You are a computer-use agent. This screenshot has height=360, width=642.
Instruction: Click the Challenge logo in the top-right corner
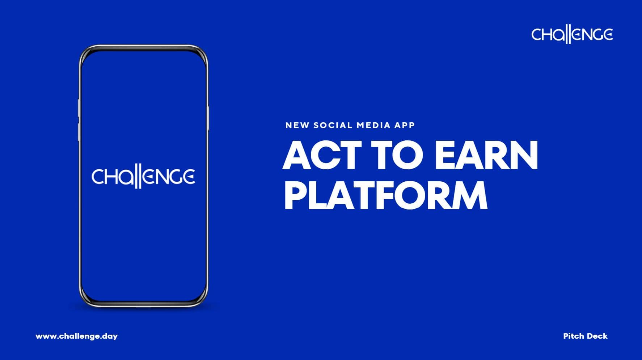(572, 35)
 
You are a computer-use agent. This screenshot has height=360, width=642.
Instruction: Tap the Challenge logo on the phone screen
(143, 177)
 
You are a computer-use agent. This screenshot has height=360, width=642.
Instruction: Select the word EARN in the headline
(486, 155)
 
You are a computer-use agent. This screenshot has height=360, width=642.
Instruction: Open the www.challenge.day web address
(76, 336)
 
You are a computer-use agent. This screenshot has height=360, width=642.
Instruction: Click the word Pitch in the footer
(574, 336)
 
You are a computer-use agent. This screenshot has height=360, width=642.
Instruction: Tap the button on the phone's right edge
(208, 118)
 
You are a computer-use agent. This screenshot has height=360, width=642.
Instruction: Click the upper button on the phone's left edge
(79, 107)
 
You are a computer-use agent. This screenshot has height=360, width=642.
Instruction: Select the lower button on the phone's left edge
(79, 132)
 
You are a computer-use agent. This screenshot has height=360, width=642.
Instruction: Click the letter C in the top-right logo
(537, 35)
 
